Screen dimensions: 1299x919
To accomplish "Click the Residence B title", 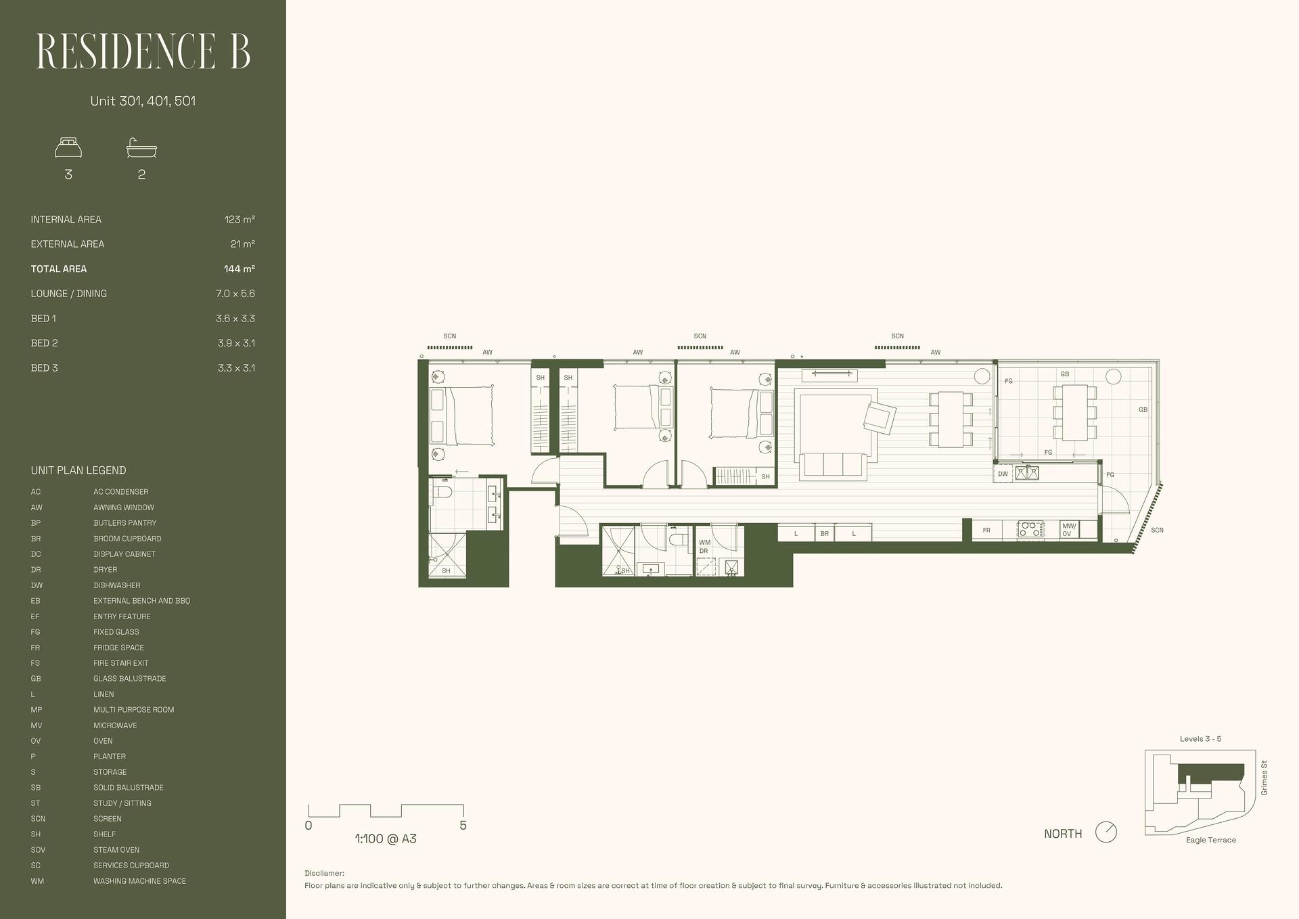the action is coord(143,51).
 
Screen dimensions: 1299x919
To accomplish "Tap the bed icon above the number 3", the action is coord(68,148).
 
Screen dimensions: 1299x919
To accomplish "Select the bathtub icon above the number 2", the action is coord(141,148).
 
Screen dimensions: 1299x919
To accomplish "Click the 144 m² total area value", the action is coord(240,269).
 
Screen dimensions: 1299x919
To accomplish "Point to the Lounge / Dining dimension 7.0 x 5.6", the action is coord(235,294).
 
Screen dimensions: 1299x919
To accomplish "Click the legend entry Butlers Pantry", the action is coord(124,523).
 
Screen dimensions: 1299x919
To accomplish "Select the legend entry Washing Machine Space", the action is coord(139,881).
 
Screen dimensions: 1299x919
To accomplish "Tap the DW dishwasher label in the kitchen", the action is coord(1003,474).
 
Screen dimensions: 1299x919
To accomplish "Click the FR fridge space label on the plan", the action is coord(986,530).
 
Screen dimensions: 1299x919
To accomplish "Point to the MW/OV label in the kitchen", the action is coord(1069,530).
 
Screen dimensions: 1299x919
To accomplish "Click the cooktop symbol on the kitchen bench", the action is coord(1030,530).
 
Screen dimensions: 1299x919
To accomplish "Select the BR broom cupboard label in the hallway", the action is coord(824,533).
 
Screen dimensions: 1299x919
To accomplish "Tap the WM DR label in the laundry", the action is coord(704,547).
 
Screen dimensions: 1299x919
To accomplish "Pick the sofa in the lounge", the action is coord(833,466).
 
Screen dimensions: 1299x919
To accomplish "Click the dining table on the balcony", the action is coord(1074,412).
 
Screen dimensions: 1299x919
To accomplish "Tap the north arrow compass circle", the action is coord(1106,832).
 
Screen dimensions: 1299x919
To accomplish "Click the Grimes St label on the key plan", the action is coord(1264,778).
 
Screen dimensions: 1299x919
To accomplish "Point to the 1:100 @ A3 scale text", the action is coord(386,839).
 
